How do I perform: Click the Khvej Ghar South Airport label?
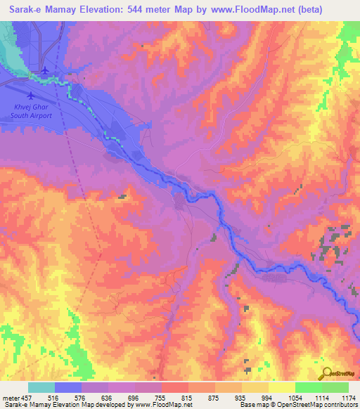pyautogui.click(x=30, y=111)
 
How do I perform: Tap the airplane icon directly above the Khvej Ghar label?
pyautogui.click(x=30, y=96)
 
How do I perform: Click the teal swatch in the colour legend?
pyautogui.click(x=41, y=387)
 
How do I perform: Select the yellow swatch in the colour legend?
pyautogui.click(x=282, y=387)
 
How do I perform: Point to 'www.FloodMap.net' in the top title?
pyautogui.click(x=269, y=10)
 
